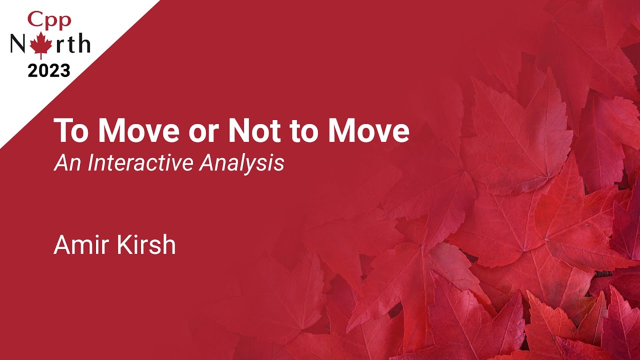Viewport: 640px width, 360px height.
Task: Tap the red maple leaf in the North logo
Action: click(x=41, y=45)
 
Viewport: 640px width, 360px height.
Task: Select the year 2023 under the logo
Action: click(x=49, y=70)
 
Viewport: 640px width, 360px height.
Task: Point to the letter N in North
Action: click(x=19, y=43)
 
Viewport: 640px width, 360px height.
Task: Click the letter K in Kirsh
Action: click(x=123, y=244)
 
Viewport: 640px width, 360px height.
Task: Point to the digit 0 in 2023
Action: click(x=44, y=70)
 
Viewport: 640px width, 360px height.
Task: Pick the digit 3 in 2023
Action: click(x=65, y=70)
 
